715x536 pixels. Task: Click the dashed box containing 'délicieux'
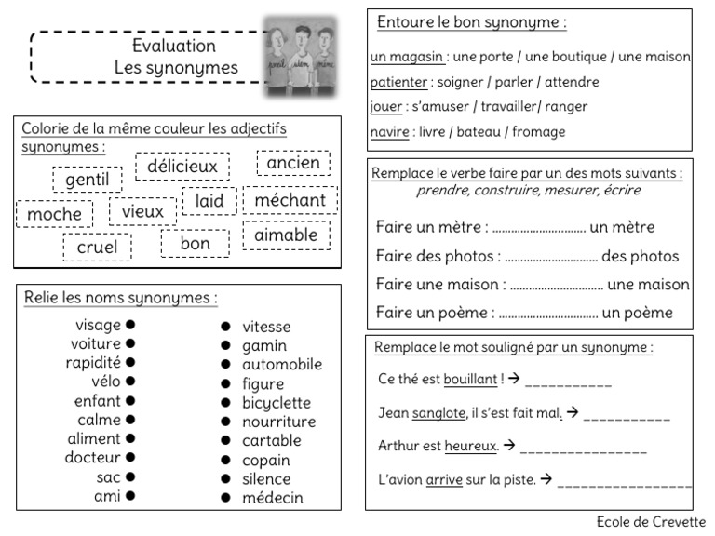(x=182, y=167)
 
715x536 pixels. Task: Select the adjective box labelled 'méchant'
(x=290, y=200)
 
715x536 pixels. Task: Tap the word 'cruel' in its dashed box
(x=97, y=247)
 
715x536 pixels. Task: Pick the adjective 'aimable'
(x=286, y=234)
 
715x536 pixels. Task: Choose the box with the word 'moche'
(x=54, y=214)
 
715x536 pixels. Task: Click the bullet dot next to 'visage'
(x=131, y=325)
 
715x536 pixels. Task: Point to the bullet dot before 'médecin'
(x=226, y=498)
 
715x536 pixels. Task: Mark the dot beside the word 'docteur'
(x=131, y=457)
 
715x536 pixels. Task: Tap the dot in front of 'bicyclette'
(x=226, y=403)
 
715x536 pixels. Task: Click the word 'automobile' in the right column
(x=282, y=365)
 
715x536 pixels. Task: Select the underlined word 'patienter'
(x=398, y=82)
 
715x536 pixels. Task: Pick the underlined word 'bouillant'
(x=470, y=379)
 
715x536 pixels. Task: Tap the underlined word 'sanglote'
(x=438, y=412)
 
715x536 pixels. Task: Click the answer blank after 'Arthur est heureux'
(x=583, y=448)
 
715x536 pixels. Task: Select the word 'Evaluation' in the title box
(x=174, y=46)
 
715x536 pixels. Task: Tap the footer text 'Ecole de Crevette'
(x=651, y=522)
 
